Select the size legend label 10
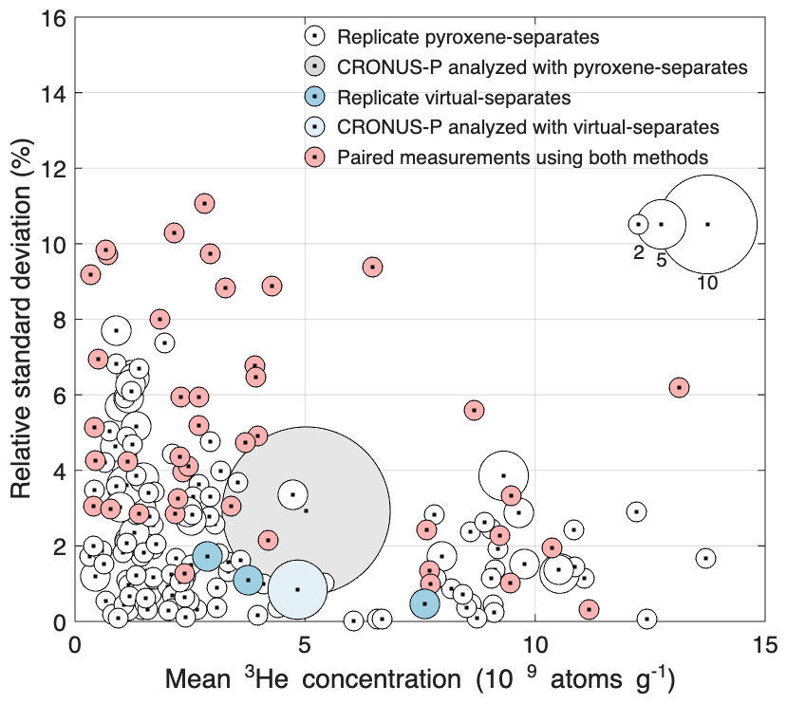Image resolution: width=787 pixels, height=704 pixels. point(706,282)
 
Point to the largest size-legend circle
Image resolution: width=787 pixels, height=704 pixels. point(707,224)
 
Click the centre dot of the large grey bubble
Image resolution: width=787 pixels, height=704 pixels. point(306,510)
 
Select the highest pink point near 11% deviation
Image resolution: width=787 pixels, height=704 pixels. point(204,203)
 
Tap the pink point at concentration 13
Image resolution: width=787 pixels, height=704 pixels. point(678,387)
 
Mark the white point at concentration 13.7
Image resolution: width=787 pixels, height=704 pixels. point(705,559)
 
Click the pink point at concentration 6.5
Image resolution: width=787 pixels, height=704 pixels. point(373,268)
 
